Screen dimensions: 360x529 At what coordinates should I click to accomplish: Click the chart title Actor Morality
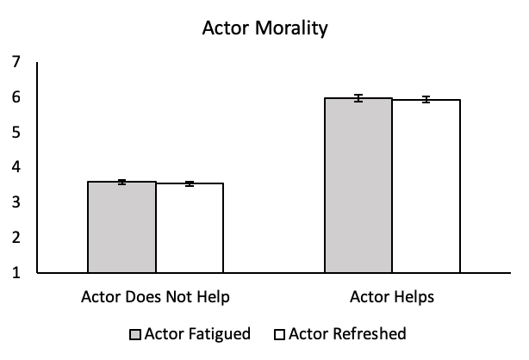click(x=264, y=28)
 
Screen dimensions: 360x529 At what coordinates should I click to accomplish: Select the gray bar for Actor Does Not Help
click(x=121, y=227)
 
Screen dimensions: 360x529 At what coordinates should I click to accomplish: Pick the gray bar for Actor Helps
click(x=358, y=186)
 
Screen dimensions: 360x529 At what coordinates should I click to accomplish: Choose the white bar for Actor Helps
click(x=426, y=187)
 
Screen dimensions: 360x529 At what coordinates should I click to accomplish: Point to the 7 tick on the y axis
click(x=16, y=62)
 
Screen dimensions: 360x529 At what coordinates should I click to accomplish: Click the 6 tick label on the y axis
click(x=16, y=97)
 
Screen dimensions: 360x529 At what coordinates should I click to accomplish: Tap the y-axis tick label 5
click(x=16, y=133)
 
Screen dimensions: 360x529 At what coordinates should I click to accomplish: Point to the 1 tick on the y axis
click(x=16, y=274)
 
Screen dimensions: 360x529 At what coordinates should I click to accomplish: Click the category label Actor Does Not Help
click(x=156, y=298)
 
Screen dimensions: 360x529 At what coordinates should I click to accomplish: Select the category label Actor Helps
click(x=392, y=298)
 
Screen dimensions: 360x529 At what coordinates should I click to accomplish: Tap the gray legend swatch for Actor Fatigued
click(x=135, y=334)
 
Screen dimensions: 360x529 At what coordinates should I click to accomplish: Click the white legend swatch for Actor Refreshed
click(x=279, y=334)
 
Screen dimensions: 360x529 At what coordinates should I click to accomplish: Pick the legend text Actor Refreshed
click(x=348, y=334)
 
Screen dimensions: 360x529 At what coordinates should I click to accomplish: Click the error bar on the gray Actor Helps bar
click(x=358, y=98)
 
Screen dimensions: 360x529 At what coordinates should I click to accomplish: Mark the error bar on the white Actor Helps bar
click(x=426, y=100)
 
